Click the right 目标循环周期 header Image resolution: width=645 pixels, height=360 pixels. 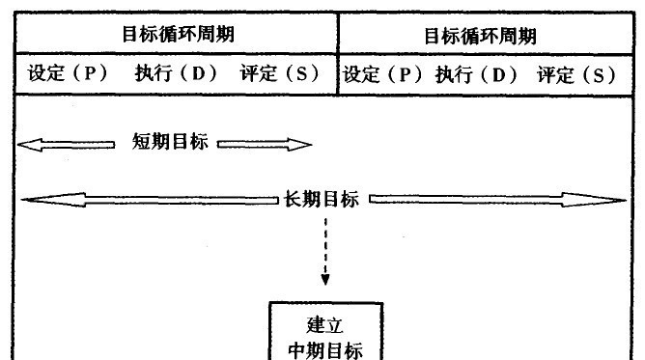click(x=480, y=36)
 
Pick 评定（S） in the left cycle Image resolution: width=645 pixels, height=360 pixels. click(x=280, y=74)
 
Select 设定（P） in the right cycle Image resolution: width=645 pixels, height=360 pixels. click(x=382, y=75)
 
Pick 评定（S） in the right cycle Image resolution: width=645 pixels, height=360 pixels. click(x=576, y=75)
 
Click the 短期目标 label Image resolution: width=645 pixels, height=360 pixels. click(x=170, y=144)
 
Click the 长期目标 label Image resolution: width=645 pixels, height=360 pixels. click(x=322, y=200)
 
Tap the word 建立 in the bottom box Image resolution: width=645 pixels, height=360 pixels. click(x=324, y=324)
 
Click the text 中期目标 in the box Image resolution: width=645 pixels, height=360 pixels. click(x=325, y=349)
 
